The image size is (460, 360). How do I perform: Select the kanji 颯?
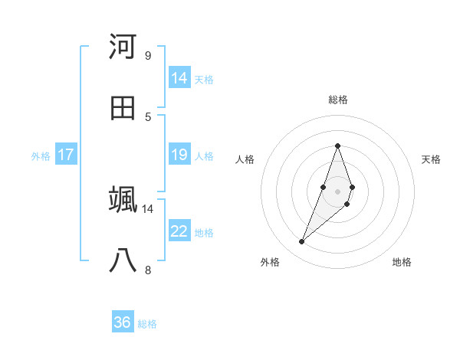point(123,199)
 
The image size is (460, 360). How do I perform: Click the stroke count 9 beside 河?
point(148,55)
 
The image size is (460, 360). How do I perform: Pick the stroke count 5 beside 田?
point(148,116)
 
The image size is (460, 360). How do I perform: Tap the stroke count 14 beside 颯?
point(148,208)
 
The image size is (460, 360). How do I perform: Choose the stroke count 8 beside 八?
point(148,270)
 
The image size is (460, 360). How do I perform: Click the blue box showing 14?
point(179,78)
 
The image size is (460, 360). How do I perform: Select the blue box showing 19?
point(179,155)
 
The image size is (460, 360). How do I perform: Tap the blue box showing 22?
point(179,231)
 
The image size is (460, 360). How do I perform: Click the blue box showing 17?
point(66,155)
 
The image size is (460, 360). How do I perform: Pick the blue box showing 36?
point(123,322)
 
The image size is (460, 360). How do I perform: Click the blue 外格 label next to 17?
point(41,155)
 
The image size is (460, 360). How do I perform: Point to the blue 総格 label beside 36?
point(147,324)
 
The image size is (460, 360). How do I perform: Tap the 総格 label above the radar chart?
point(337,100)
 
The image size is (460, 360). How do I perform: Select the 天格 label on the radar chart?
point(431,159)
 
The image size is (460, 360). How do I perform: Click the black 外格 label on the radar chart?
point(270,262)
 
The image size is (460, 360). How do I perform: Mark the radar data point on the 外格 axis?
point(302,242)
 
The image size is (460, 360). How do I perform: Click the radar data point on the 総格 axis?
point(337,146)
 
